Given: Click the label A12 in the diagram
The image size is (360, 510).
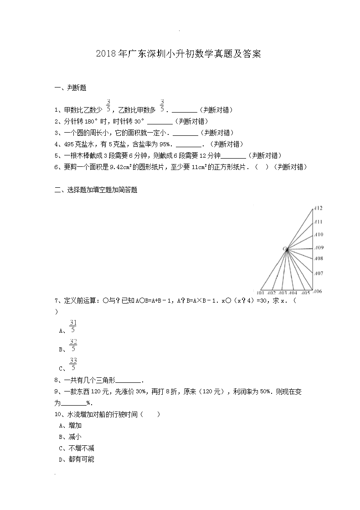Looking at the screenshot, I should (x=318, y=208).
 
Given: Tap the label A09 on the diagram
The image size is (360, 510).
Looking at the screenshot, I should (x=319, y=248).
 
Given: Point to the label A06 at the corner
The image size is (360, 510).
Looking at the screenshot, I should (x=318, y=291).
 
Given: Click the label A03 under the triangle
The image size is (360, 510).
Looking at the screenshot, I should (x=283, y=293).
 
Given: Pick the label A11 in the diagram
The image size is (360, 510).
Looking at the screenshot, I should (x=318, y=222).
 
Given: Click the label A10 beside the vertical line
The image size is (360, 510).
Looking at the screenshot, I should (x=319, y=234).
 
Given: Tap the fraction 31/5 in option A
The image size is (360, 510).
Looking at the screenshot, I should (x=73, y=326).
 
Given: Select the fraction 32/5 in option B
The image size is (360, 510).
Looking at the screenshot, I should (x=73, y=345).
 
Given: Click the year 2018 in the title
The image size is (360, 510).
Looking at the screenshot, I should (x=107, y=54).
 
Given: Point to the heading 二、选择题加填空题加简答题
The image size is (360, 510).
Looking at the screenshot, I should (x=96, y=191).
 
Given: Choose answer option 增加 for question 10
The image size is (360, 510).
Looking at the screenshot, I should (x=75, y=425).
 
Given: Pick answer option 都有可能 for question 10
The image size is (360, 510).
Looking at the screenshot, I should (x=81, y=459).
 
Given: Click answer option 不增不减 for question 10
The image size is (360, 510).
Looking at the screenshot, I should (x=81, y=448).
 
